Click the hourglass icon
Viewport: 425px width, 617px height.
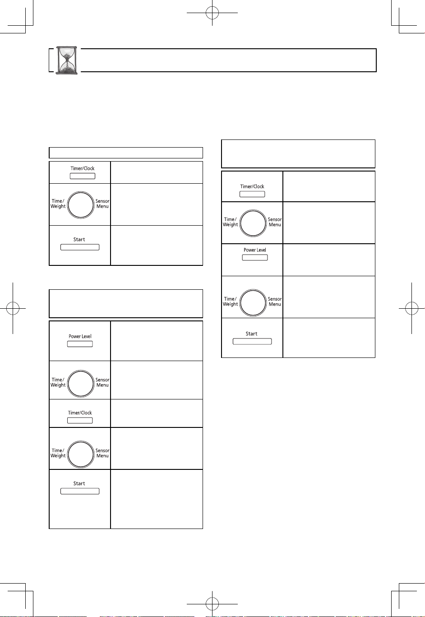click(67, 60)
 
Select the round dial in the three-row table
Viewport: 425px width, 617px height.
click(81, 205)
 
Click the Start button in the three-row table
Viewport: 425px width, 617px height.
click(80, 247)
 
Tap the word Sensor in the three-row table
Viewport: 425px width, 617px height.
click(102, 201)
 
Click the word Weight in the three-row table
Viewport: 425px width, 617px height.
click(58, 206)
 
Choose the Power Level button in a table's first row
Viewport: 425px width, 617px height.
click(80, 344)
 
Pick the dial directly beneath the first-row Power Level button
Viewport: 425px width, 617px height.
click(81, 383)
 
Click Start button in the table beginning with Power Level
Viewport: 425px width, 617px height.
click(80, 491)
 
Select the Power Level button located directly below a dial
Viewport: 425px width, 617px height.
click(255, 257)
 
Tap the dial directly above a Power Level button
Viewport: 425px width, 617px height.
click(253, 223)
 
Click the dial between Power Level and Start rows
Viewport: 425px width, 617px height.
click(253, 303)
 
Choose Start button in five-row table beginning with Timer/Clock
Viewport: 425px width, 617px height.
click(252, 341)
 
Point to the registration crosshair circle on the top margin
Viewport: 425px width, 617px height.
click(212, 13)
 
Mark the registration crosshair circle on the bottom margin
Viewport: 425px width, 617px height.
click(212, 604)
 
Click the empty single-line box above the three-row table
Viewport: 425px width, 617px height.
click(126, 153)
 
